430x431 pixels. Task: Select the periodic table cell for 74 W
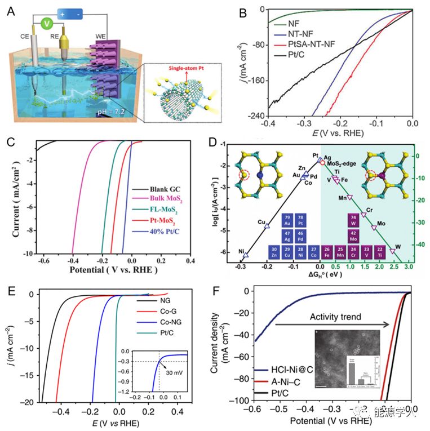click(353, 220)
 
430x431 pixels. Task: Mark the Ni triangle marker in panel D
click(245, 255)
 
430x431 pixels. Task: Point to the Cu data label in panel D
click(261, 221)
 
